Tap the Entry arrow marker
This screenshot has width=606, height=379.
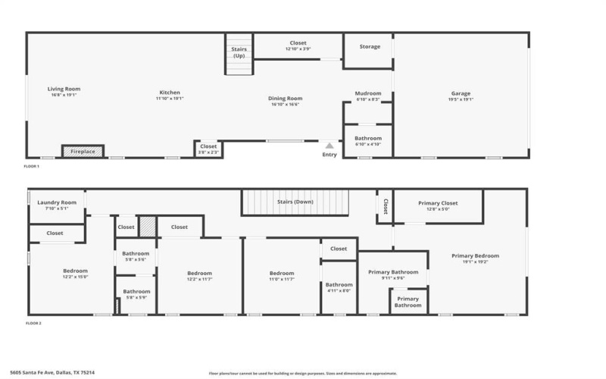pyautogui.click(x=330, y=145)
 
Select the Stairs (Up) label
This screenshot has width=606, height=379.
pyautogui.click(x=239, y=52)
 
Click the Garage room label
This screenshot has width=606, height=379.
pyautogui.click(x=461, y=94)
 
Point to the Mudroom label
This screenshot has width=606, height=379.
pyautogui.click(x=368, y=94)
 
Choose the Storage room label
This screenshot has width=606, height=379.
pyautogui.click(x=370, y=47)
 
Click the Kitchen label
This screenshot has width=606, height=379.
pyautogui.click(x=170, y=93)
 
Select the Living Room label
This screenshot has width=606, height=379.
pyautogui.click(x=64, y=89)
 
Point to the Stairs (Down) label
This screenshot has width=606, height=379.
pyautogui.click(x=295, y=202)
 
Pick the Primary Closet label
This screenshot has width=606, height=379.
pyautogui.click(x=438, y=203)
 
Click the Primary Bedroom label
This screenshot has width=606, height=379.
pyautogui.click(x=475, y=256)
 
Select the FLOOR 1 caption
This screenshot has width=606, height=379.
pyautogui.click(x=31, y=166)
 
